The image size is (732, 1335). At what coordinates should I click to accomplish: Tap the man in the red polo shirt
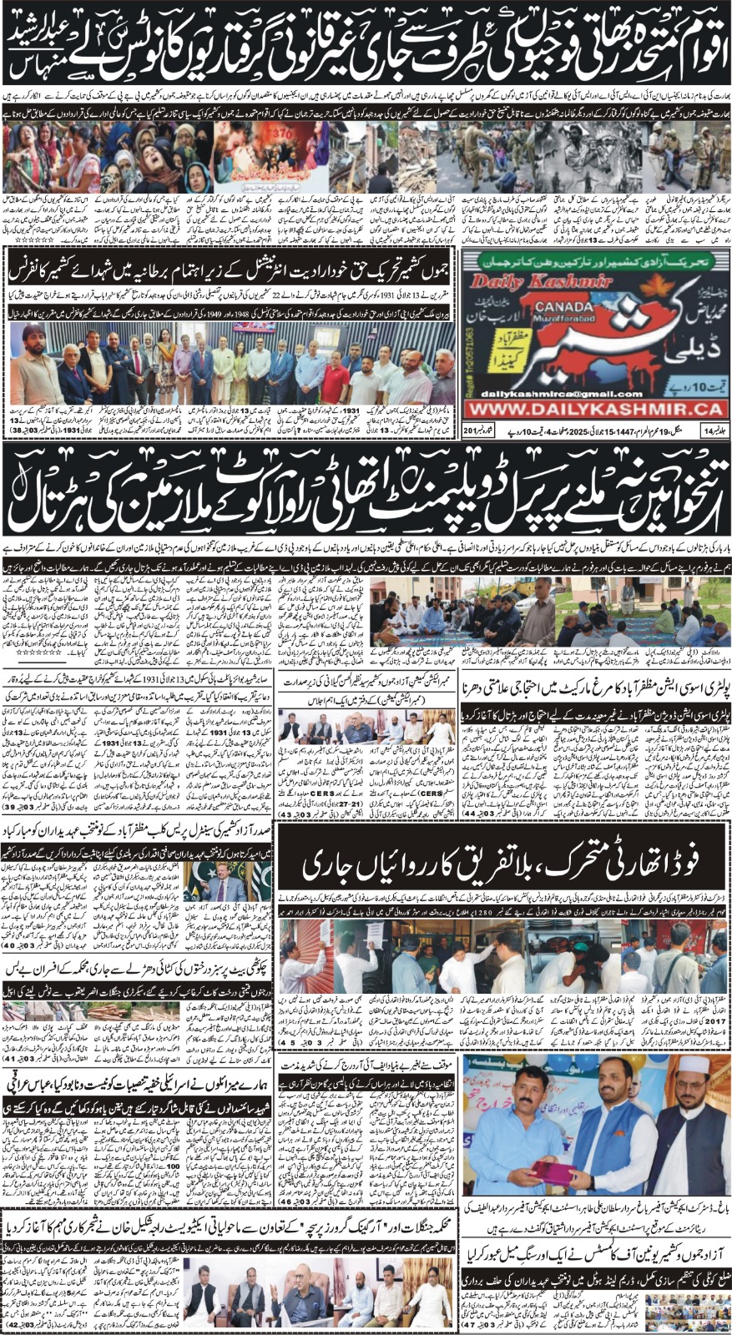tap(336, 371)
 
